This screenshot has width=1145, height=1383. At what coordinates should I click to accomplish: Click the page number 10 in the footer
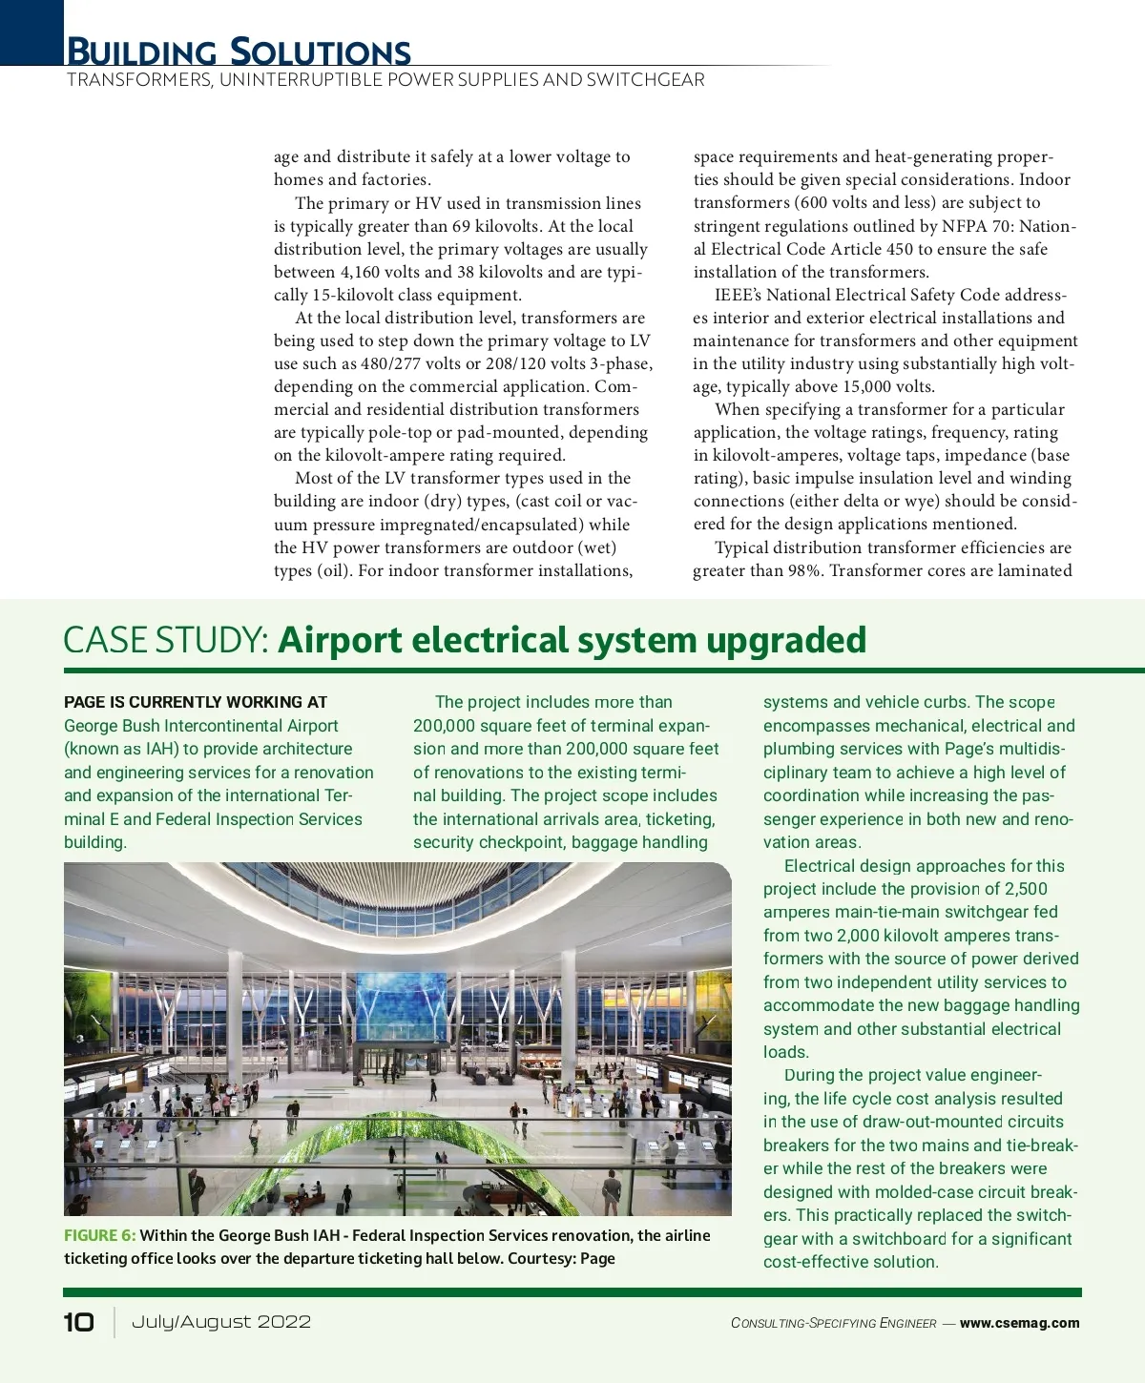79,1322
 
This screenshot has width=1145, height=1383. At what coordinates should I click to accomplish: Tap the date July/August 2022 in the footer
221,1322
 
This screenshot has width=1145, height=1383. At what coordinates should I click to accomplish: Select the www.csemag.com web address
1019,1323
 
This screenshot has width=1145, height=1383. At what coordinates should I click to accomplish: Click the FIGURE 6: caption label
99,1235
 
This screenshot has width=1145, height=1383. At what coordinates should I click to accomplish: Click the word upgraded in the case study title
785,640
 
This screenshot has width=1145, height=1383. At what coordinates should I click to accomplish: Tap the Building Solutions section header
239,52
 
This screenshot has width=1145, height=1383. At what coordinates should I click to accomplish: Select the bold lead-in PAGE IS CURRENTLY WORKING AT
196,702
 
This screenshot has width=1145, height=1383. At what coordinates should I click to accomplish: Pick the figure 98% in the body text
803,570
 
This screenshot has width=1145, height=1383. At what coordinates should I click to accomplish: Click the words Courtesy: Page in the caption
561,1258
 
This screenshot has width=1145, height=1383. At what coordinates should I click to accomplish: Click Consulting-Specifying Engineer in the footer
833,1323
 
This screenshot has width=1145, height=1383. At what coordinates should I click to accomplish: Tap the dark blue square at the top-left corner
31,31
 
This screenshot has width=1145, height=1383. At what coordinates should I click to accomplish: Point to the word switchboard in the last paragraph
900,1239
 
